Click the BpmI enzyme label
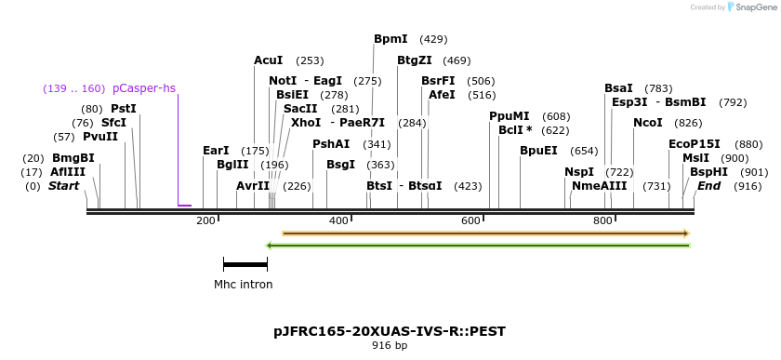coord(390,39)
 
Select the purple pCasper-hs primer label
coord(143,88)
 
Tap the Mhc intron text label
coord(244,285)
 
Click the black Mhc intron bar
coord(245,265)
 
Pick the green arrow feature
coord(478,246)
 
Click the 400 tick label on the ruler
coord(338,220)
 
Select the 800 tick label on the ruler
coord(602,220)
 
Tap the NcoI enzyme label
coord(648,123)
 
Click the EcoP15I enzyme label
coord(695,144)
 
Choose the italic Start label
coord(63,186)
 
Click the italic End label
coord(708,186)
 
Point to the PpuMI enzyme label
coord(509,116)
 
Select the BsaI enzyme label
coord(618,88)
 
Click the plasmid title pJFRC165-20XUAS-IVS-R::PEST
coord(390,331)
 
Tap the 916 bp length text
coord(390,346)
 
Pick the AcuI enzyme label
coord(269,60)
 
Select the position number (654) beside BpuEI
coord(584,151)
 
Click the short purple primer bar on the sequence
coord(184,205)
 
